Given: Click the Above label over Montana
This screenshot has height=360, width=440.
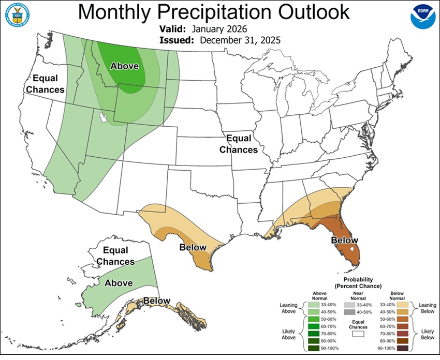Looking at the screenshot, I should [125, 66].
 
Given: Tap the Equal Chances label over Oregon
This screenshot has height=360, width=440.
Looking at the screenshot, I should [45, 84].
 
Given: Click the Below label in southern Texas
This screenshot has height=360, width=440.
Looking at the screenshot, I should [193, 247].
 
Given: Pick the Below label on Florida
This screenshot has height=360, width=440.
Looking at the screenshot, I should [344, 241].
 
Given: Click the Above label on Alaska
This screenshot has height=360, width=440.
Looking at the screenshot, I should [119, 283].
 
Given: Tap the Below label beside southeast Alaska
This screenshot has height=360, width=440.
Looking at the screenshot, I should [157, 301].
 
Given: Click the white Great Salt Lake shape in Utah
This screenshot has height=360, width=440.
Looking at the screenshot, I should [105, 118].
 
